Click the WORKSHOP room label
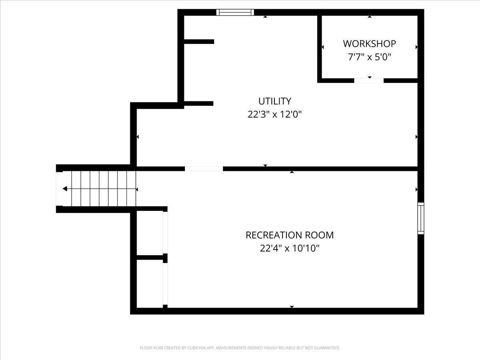(369, 43)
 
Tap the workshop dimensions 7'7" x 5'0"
(369, 57)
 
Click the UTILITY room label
(274, 101)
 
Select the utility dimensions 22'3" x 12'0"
(274, 114)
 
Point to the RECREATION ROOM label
(290, 235)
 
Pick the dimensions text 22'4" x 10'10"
(290, 248)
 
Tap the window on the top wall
(235, 12)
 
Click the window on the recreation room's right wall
(421, 218)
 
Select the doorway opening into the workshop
(369, 80)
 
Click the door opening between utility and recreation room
(204, 169)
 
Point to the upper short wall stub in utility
(199, 42)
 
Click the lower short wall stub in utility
(198, 104)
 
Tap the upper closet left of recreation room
(149, 233)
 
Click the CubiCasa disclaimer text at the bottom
(240, 348)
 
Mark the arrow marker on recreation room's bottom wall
(292, 307)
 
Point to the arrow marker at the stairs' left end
(64, 189)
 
